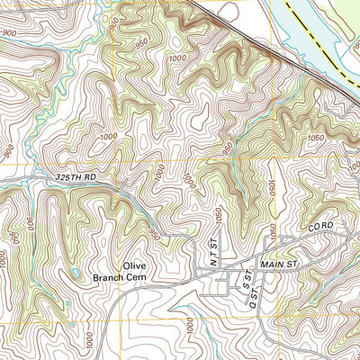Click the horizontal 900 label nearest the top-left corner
point(12,33)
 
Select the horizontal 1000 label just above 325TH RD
point(109,137)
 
